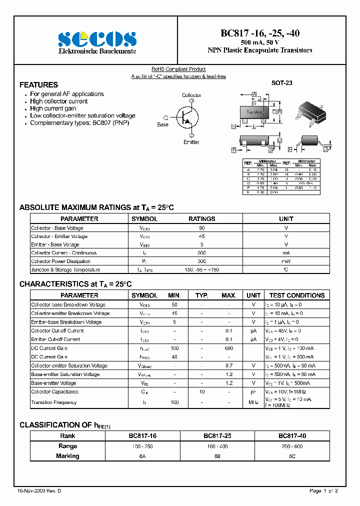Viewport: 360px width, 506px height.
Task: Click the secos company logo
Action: pos(97,38)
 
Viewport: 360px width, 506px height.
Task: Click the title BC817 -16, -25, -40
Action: pos(260,33)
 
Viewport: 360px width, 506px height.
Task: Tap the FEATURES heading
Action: pos(38,85)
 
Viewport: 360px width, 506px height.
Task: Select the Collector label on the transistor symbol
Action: pos(191,95)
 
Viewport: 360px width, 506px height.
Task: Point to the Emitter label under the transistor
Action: pos(191,142)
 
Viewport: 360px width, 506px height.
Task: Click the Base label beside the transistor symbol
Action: pos(163,124)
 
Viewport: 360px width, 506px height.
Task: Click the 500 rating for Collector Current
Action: pos(202,253)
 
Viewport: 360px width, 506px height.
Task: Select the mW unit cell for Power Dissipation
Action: pos(286,261)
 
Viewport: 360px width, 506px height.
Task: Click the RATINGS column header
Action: pos(202,219)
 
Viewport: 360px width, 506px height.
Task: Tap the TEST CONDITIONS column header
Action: pos(297,295)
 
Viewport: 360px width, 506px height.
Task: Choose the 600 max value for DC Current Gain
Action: pos(229,348)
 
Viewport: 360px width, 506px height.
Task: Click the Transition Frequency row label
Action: pos(54,402)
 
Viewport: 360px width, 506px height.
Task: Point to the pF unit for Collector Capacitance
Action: pos(253,392)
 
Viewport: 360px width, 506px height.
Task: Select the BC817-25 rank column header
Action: pos(216,436)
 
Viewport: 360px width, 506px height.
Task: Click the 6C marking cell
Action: pos(292,456)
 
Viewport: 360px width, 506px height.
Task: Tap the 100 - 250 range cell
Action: pos(142,446)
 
